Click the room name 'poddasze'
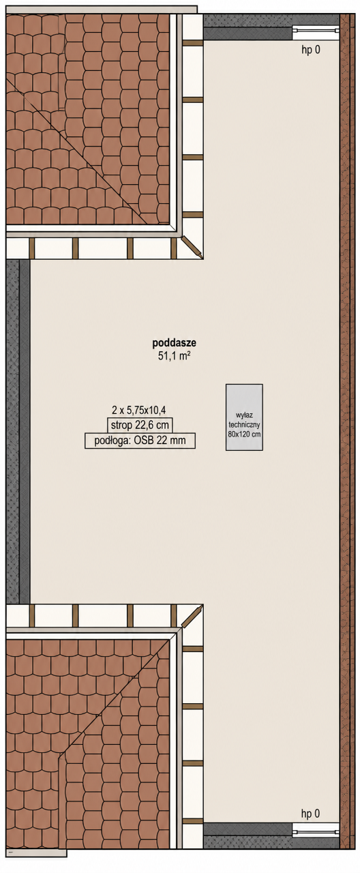174,343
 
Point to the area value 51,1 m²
174,356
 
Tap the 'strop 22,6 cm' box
140,424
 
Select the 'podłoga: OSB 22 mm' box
140,441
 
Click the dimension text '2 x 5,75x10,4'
139,410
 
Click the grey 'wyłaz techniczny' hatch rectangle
244,417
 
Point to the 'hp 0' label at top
311,50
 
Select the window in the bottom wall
316,833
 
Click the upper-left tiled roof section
89,119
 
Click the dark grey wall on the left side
18,432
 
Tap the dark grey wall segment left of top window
247,27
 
